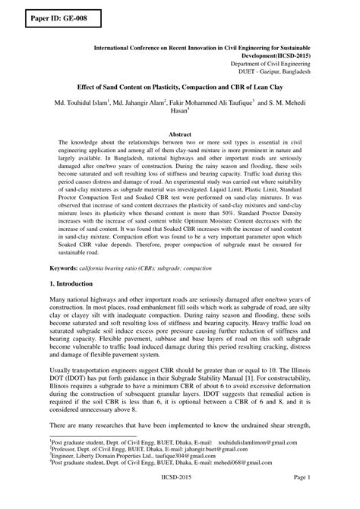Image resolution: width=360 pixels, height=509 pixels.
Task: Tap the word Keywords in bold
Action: (x=62, y=269)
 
